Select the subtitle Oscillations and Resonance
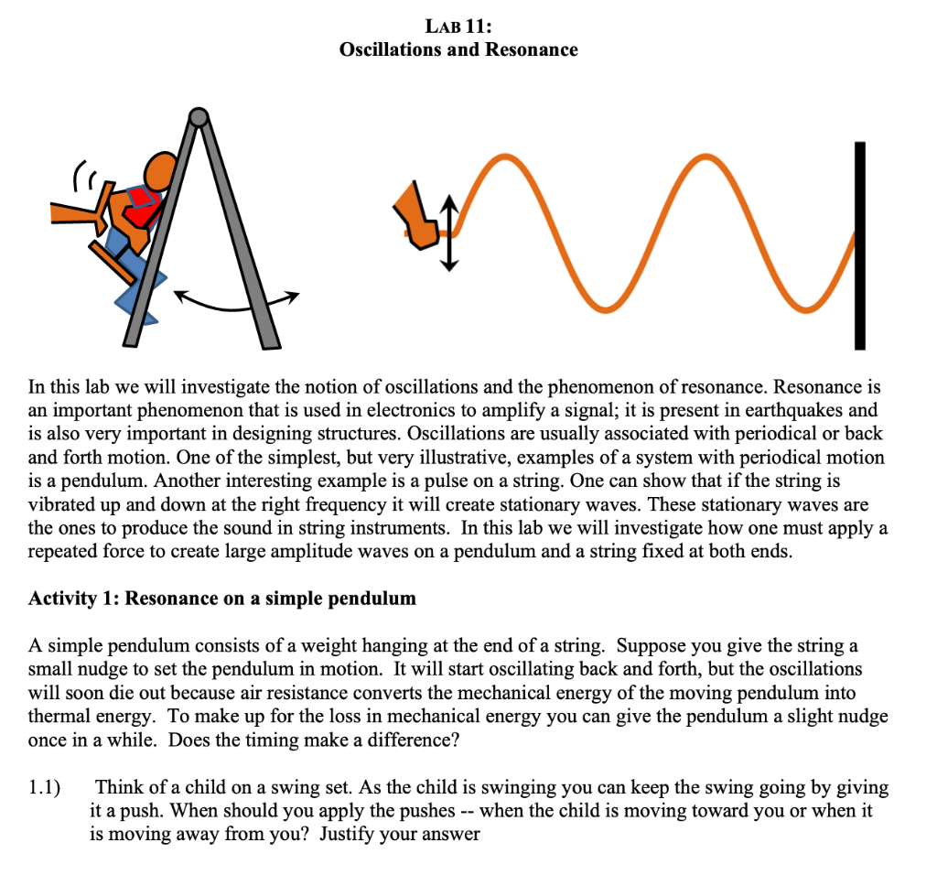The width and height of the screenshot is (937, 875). pyautogui.click(x=458, y=49)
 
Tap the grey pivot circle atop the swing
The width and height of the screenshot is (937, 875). pyautogui.click(x=198, y=117)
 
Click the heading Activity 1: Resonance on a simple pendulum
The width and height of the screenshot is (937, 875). pyautogui.click(x=222, y=599)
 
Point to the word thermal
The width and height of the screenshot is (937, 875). pyautogui.click(x=58, y=717)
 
